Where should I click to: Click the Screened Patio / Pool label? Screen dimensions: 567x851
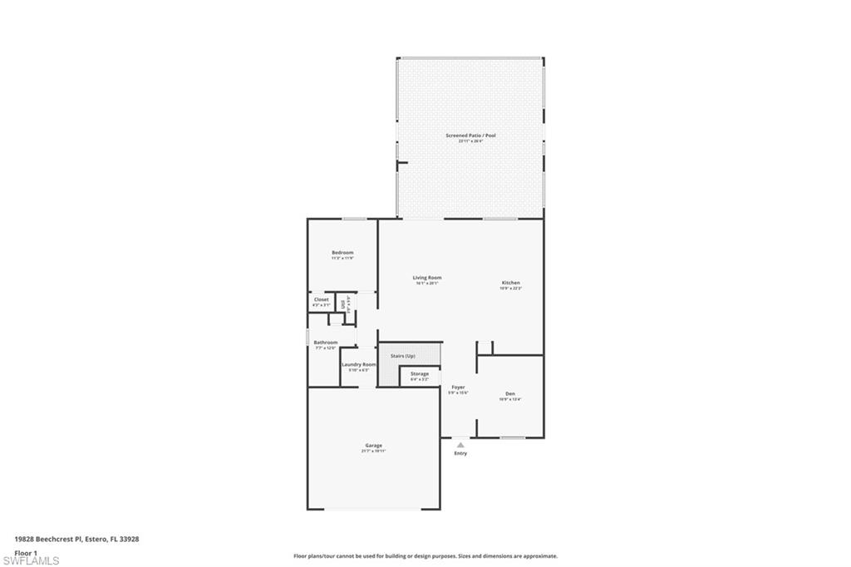[x=470, y=135]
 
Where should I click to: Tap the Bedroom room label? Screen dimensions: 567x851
[x=342, y=253]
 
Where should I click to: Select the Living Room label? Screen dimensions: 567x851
[x=427, y=278]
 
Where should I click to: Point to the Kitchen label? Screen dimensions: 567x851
[x=510, y=283]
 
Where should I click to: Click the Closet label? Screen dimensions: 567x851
[x=321, y=299]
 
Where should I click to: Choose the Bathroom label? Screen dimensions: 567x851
[x=325, y=343]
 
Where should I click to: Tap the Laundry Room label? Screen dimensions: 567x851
[x=359, y=364]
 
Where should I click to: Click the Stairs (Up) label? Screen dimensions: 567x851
[x=403, y=356]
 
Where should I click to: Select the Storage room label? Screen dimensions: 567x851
[x=420, y=374]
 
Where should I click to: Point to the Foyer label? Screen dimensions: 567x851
[x=458, y=387]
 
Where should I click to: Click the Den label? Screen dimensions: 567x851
[x=510, y=393]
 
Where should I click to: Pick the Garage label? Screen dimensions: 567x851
[x=373, y=446]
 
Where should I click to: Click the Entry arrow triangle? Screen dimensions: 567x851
[x=460, y=445]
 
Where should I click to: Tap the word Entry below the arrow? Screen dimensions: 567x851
[x=460, y=453]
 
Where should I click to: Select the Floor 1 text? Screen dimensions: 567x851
[x=27, y=552]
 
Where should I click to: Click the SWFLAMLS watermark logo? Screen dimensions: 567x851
[x=30, y=560]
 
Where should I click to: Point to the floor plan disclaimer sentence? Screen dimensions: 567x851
[x=425, y=556]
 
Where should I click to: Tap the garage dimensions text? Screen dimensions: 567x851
[x=373, y=451]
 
